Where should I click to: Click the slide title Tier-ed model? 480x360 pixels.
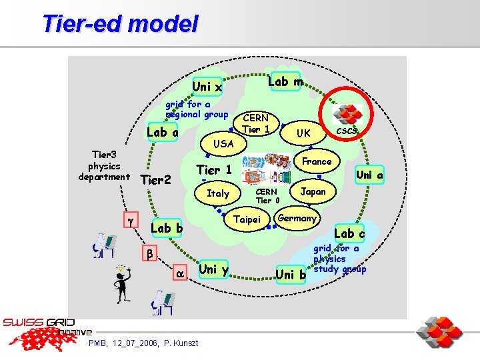(120, 24)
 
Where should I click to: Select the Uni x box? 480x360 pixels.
(207, 87)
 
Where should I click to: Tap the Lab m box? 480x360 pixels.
(285, 81)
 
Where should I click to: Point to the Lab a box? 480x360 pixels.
(162, 132)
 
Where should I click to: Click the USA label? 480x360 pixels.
(223, 143)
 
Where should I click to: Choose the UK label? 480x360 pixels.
(303, 133)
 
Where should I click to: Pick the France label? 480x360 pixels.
(317, 161)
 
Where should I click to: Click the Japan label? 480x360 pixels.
(313, 191)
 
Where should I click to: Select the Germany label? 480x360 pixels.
(297, 218)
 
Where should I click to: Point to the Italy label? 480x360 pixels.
(218, 193)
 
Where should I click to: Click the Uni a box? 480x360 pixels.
(369, 175)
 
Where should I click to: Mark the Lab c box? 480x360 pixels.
(349, 233)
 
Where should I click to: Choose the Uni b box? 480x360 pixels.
(290, 274)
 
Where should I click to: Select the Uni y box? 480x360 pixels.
(213, 269)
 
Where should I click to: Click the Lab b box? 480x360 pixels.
(167, 227)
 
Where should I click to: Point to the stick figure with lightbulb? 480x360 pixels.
(121, 283)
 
